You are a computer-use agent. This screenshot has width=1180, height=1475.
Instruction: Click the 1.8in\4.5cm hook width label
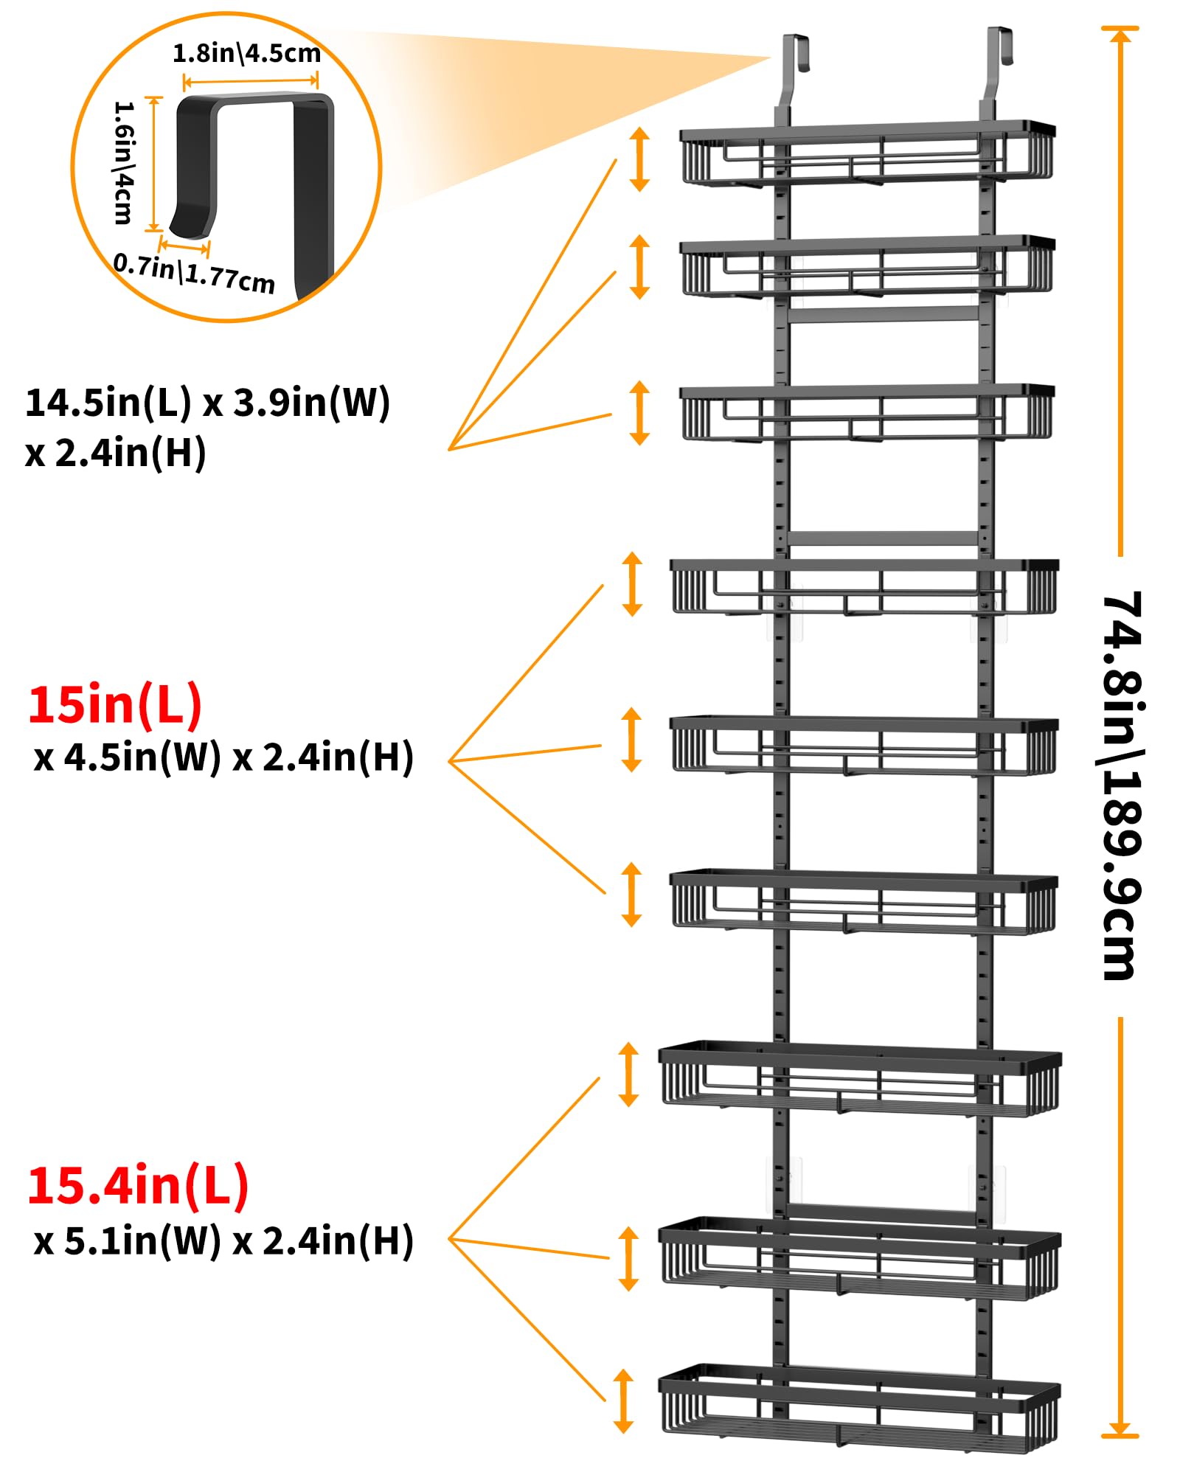click(246, 54)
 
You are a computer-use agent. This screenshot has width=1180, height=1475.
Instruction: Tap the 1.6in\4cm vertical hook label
click(123, 162)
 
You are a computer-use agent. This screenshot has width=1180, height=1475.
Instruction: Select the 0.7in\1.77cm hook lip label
click(194, 274)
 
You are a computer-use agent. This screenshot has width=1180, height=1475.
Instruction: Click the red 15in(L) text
click(115, 704)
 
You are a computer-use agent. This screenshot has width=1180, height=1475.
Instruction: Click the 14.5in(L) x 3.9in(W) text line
click(207, 403)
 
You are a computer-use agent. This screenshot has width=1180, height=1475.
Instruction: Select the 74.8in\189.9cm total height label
click(1122, 786)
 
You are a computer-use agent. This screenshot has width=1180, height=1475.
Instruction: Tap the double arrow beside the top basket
click(639, 159)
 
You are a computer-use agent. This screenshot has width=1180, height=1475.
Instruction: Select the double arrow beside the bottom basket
click(624, 1401)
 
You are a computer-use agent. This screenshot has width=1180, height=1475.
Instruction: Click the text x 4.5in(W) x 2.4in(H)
click(223, 757)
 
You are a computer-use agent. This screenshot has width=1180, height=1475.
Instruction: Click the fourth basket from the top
click(864, 588)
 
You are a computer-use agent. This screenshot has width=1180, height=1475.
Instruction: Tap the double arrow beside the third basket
click(639, 413)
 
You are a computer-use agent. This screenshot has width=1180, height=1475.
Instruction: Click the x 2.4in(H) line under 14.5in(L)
click(115, 452)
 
